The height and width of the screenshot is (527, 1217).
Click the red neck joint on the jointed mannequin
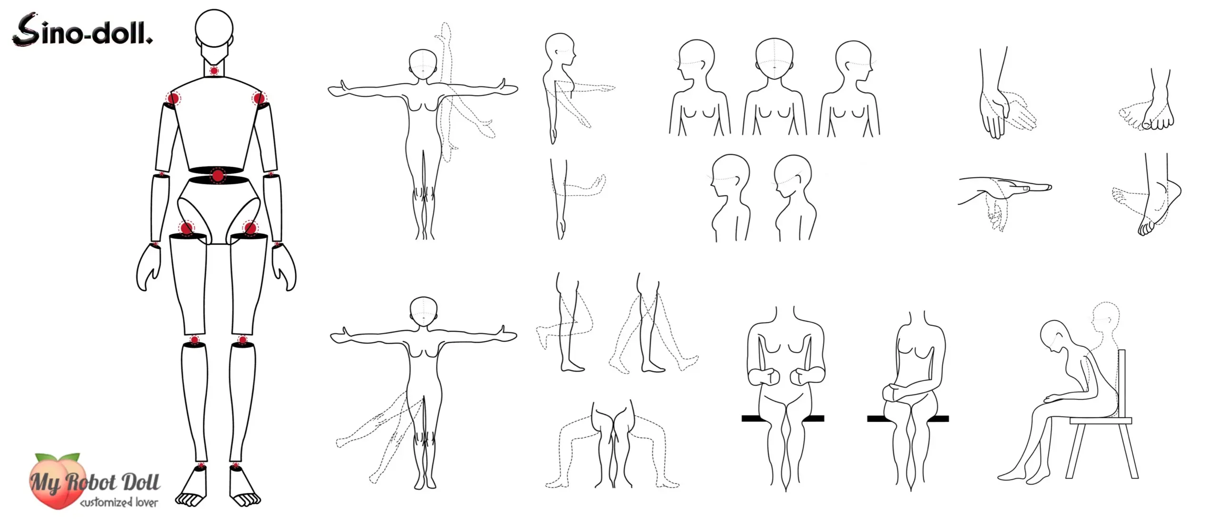pyautogui.click(x=214, y=71)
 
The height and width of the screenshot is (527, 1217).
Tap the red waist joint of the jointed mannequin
pyautogui.click(x=218, y=176)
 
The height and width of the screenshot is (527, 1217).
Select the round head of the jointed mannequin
pyautogui.click(x=214, y=28)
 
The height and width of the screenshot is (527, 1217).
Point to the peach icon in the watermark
pyautogui.click(x=57, y=480)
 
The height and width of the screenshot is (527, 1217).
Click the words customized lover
pyautogui.click(x=119, y=502)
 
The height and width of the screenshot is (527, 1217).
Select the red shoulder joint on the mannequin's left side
pyautogui.click(x=173, y=99)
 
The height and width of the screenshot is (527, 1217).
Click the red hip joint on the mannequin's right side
pyautogui.click(x=250, y=228)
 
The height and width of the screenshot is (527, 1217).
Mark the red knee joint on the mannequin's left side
pyautogui.click(x=194, y=340)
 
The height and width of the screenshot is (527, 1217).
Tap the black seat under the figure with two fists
pyautogui.click(x=782, y=419)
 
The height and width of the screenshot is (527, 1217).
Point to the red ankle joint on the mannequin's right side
pyautogui.click(x=235, y=465)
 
